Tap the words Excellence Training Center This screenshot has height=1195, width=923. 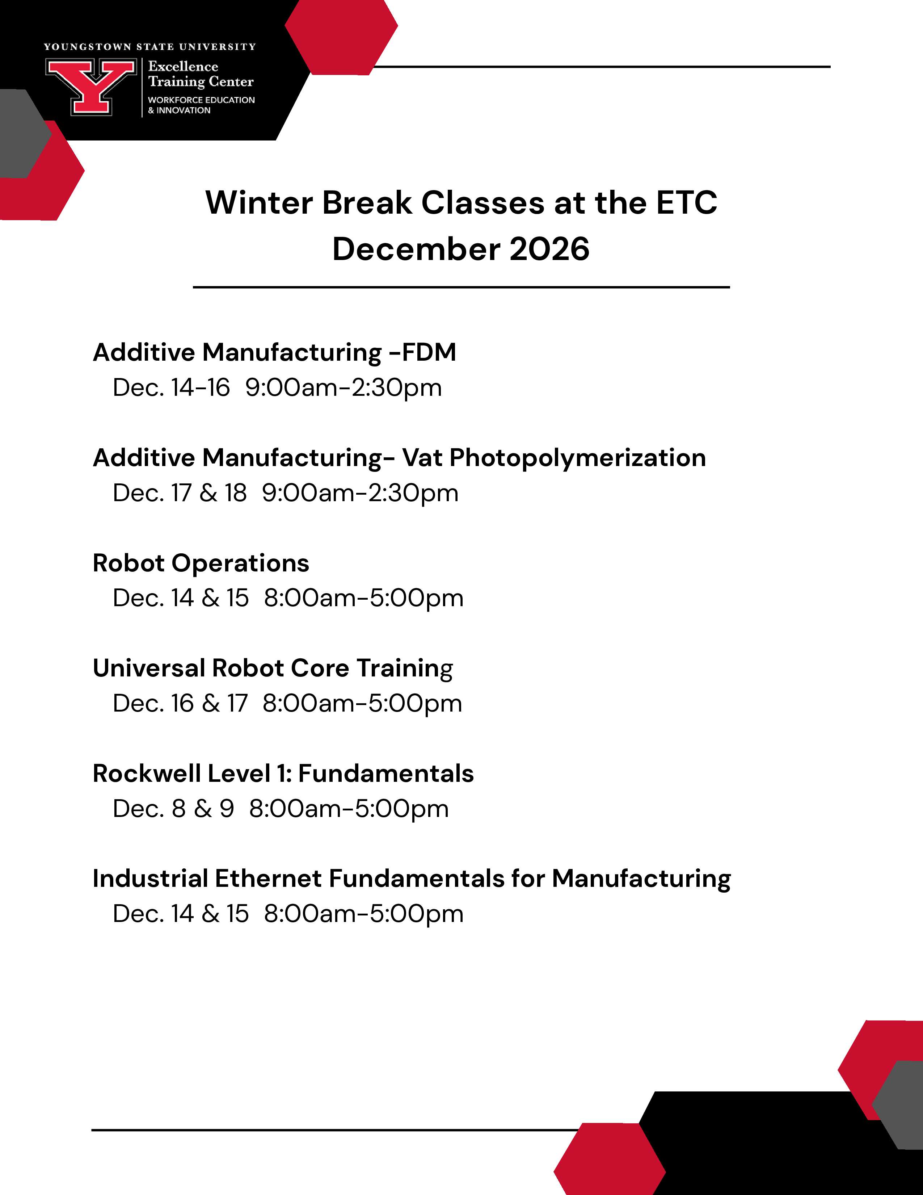point(201,74)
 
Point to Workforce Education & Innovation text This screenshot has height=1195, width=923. point(201,105)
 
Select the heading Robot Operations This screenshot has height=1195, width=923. point(201,563)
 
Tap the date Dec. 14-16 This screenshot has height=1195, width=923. point(171,387)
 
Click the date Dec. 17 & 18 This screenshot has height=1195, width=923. point(179,493)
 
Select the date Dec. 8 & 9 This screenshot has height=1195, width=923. point(173,809)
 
